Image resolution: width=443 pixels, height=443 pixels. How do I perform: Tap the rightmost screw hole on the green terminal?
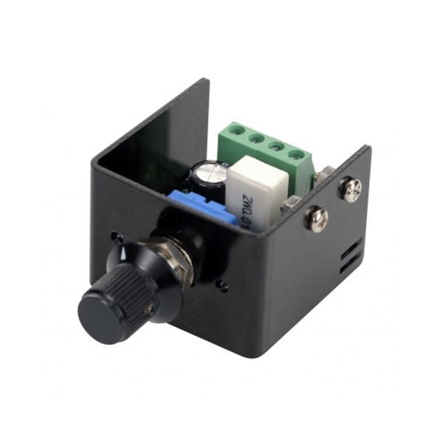tap(297, 155)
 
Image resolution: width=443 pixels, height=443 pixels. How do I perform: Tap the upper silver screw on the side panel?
tap(351, 189)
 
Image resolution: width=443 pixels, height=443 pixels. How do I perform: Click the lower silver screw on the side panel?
tap(318, 218)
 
